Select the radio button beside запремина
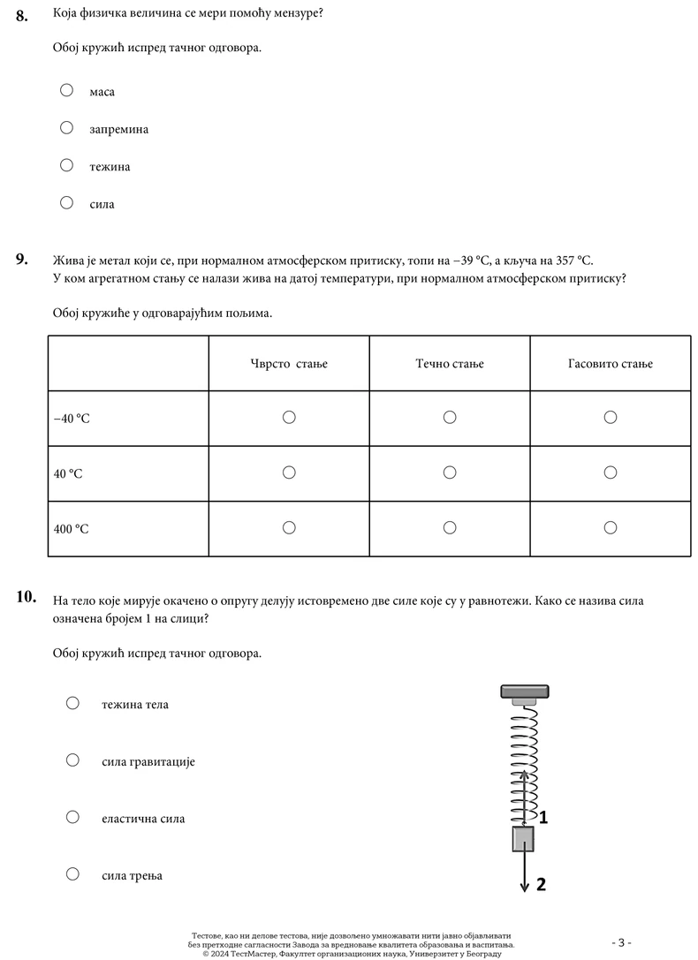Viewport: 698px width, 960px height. [x=66, y=128]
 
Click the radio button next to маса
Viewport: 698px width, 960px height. [x=66, y=90]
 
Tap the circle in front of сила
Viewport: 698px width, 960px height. [x=66, y=203]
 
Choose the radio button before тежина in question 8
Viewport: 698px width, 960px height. [x=66, y=165]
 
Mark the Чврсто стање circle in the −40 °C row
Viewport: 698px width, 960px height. [x=289, y=417]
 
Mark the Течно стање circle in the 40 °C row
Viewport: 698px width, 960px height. [x=450, y=472]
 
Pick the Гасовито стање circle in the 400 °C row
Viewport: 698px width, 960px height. [x=611, y=527]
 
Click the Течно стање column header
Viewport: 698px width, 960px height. [x=450, y=364]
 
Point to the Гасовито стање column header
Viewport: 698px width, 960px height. [x=611, y=364]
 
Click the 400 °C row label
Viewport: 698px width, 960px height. [x=72, y=529]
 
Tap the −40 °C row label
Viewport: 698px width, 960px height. [x=72, y=419]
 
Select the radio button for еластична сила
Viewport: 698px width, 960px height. [x=73, y=817]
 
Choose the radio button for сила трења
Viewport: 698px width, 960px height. [x=73, y=874]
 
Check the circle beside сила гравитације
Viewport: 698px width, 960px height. [x=73, y=760]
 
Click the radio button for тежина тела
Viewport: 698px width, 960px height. [x=73, y=703]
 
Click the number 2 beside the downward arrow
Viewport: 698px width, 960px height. [x=542, y=883]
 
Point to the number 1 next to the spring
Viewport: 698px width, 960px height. [x=543, y=818]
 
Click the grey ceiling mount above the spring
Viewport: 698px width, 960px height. [x=525, y=692]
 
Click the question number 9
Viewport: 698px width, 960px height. [x=22, y=260]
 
